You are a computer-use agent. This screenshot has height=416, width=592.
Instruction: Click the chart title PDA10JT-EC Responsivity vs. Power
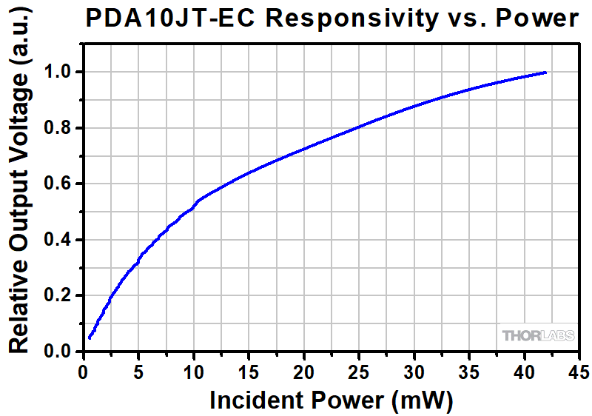pyautogui.click(x=332, y=19)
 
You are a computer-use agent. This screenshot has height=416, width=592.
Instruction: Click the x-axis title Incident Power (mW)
pyautogui.click(x=331, y=400)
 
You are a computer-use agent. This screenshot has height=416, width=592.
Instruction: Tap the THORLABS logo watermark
pyautogui.click(x=538, y=336)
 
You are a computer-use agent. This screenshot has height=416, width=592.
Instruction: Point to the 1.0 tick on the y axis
pyautogui.click(x=61, y=73)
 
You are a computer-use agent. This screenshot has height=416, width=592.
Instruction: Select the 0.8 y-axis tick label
pyautogui.click(x=61, y=128)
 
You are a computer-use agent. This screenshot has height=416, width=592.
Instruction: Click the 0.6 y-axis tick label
pyautogui.click(x=61, y=184)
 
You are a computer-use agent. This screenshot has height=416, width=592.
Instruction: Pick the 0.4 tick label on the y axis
pyautogui.click(x=61, y=240)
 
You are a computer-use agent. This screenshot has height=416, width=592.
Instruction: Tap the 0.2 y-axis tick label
pyautogui.click(x=61, y=296)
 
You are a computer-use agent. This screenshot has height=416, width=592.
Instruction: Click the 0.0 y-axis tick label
pyautogui.click(x=61, y=352)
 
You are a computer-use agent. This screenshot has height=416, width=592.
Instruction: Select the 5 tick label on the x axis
pyautogui.click(x=138, y=370)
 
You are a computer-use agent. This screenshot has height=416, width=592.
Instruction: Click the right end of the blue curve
pyautogui.click(x=545, y=73)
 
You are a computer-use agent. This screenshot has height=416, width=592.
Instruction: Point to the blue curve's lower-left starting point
pyautogui.click(x=90, y=338)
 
